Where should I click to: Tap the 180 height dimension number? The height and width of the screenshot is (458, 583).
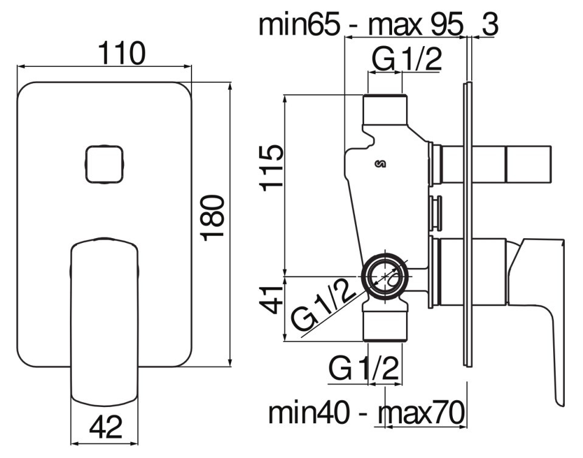[x=213, y=218]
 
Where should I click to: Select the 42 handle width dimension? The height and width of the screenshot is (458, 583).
[x=106, y=427]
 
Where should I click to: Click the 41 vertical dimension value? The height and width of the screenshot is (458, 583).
[x=271, y=300]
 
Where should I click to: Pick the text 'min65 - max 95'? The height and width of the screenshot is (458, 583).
[x=361, y=24]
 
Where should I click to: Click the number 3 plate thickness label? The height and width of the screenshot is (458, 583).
[x=489, y=24]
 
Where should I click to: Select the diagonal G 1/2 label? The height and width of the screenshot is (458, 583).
[x=323, y=306]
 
